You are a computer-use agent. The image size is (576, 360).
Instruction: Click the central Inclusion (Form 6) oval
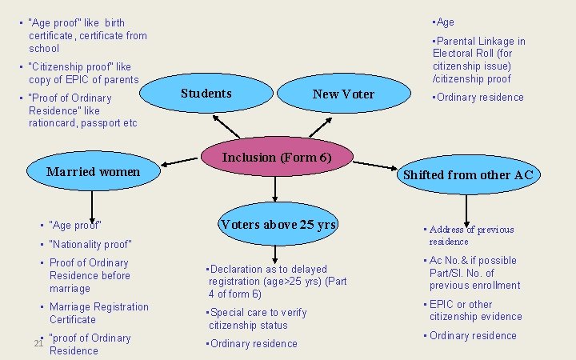click(276, 158)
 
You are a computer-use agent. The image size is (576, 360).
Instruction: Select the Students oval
click(206, 94)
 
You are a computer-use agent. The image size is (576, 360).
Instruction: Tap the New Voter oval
click(343, 94)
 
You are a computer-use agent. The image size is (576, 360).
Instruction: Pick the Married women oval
click(94, 172)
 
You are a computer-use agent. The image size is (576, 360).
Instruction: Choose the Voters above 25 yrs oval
click(278, 225)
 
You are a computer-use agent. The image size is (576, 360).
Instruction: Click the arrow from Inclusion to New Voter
click(321, 126)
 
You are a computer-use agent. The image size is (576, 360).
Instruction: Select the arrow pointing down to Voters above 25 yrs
click(275, 187)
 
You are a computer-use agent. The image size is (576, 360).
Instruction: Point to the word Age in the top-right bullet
click(445, 22)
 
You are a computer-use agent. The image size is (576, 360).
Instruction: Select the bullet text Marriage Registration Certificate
click(98, 313)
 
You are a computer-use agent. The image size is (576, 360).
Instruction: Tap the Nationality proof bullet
click(90, 244)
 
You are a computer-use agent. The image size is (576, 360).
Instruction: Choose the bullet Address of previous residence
click(471, 235)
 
